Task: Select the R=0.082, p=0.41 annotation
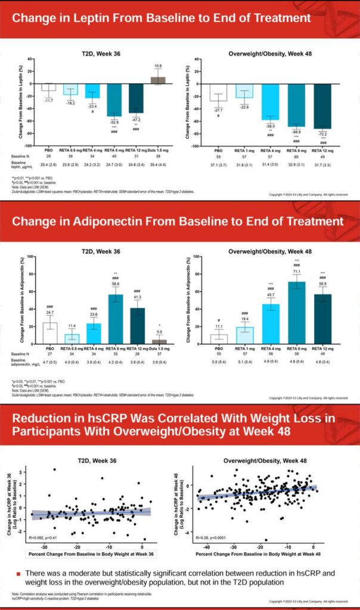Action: click(x=44, y=539)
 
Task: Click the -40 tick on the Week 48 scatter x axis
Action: click(x=206, y=547)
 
